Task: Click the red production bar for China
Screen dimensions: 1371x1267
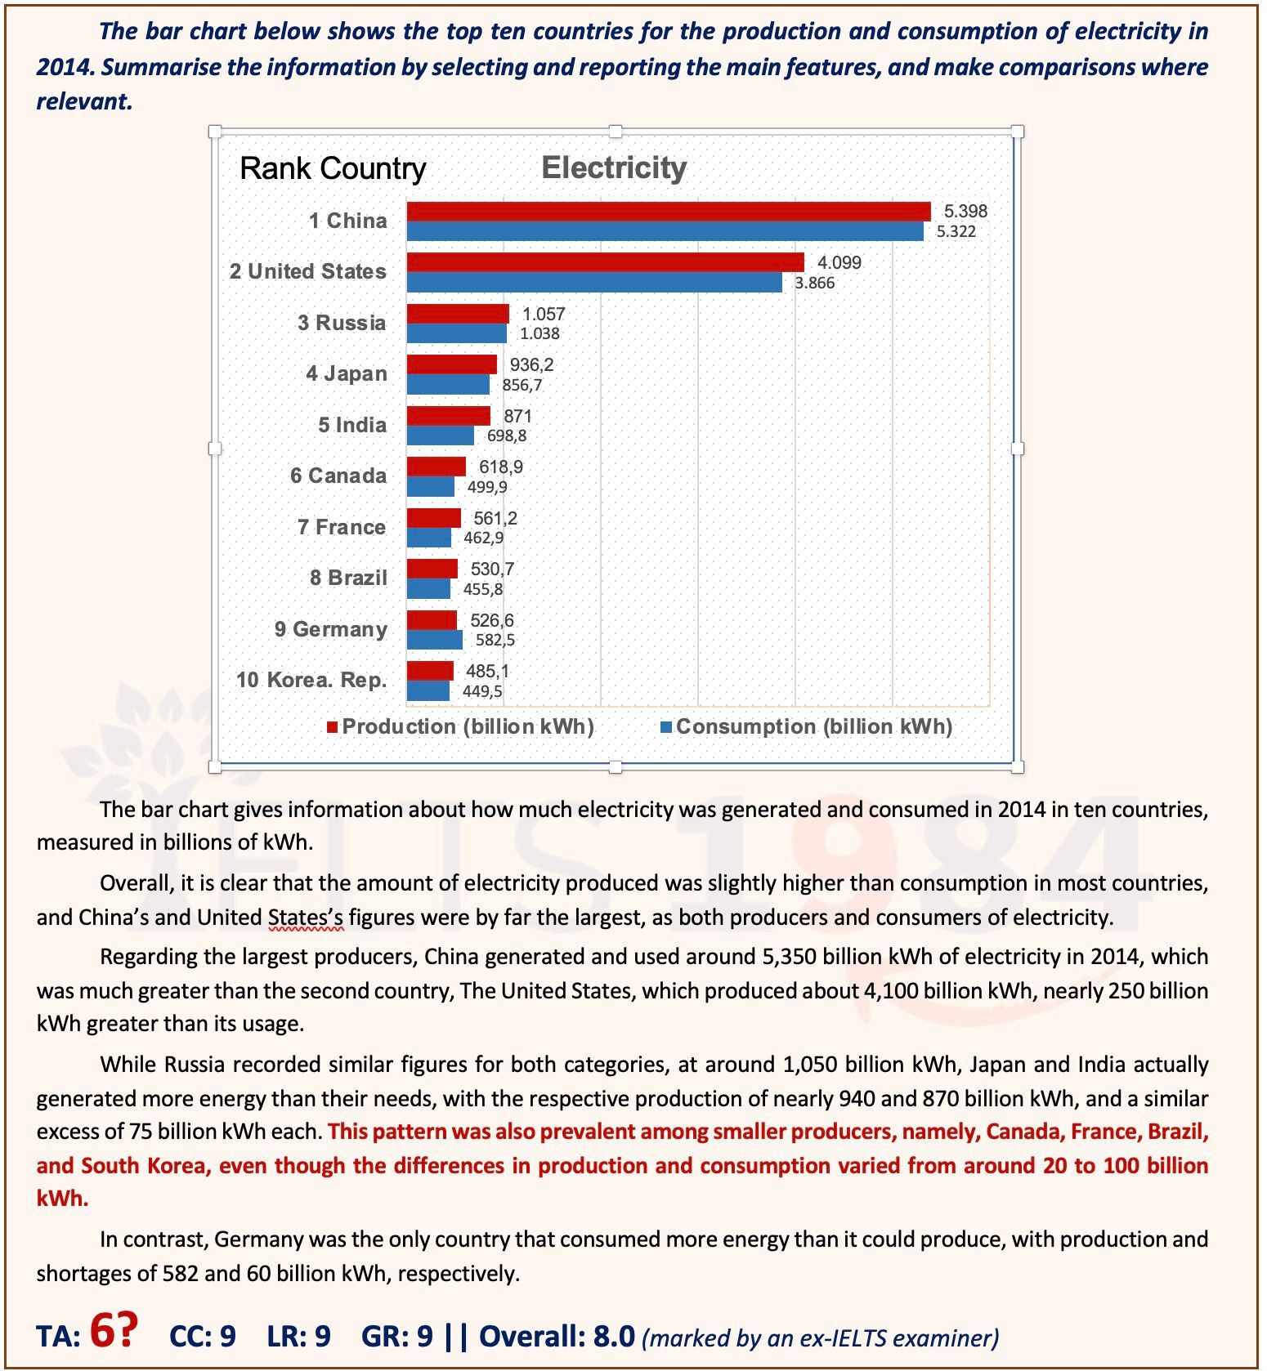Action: (x=669, y=212)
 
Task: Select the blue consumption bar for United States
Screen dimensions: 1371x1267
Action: (x=594, y=283)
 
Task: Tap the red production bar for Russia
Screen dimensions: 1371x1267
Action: (x=458, y=314)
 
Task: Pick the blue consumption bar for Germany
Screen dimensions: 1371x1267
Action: (x=434, y=640)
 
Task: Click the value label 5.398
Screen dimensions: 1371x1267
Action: (x=965, y=211)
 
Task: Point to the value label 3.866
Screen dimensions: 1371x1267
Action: (x=815, y=283)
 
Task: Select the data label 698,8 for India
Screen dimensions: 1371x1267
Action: (x=507, y=435)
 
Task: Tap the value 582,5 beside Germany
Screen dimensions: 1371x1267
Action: (x=495, y=640)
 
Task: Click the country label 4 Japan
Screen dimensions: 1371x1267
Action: (x=347, y=373)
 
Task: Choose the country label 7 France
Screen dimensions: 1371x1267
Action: (x=342, y=527)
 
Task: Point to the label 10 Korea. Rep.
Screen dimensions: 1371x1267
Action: (x=311, y=680)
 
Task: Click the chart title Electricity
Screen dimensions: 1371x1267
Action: (x=614, y=167)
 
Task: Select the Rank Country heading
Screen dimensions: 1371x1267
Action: (x=333, y=168)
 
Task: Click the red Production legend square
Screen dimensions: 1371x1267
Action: (x=332, y=727)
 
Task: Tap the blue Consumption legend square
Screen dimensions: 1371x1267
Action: (x=665, y=727)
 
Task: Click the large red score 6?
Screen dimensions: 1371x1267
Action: (x=113, y=1329)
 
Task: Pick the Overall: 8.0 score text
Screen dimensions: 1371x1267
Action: (x=557, y=1336)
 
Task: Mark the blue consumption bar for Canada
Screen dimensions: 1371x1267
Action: (x=430, y=487)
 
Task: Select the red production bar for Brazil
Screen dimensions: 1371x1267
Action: (x=432, y=569)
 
